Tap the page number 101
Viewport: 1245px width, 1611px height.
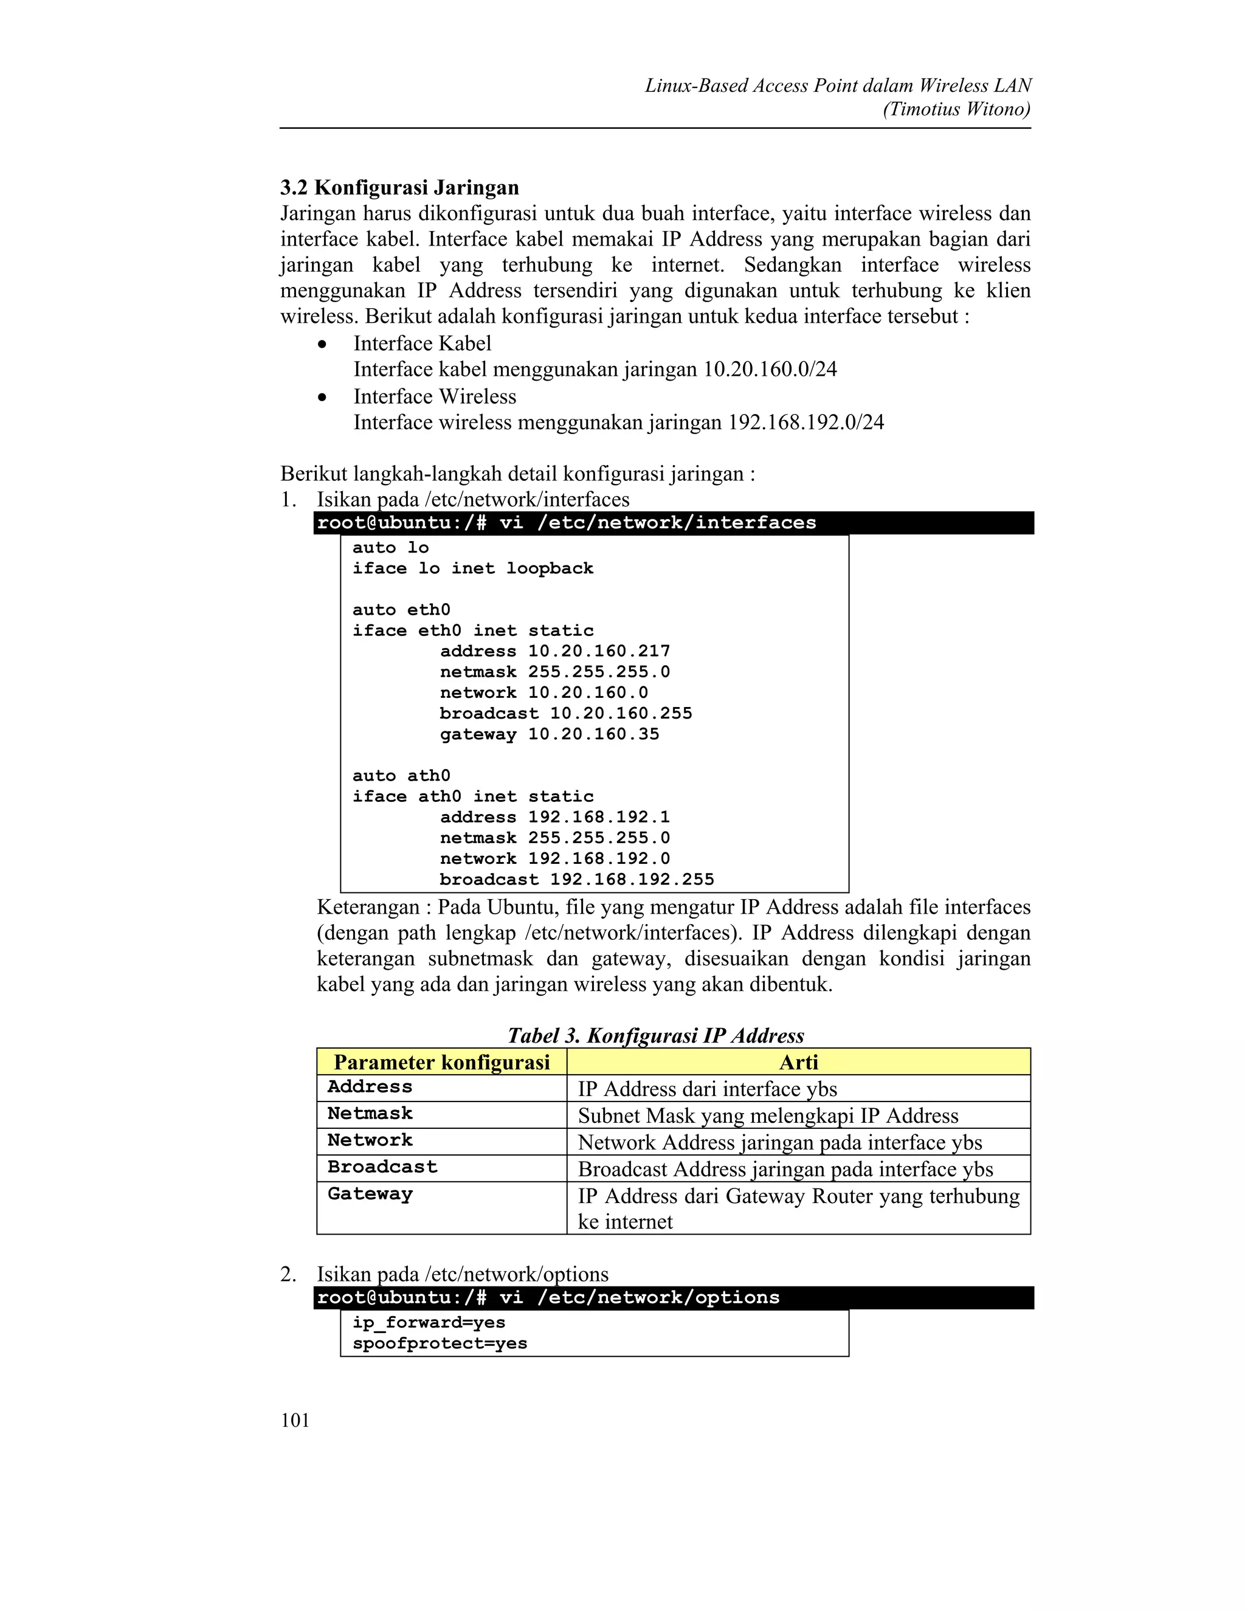(x=295, y=1420)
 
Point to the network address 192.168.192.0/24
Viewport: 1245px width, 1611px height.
(x=805, y=422)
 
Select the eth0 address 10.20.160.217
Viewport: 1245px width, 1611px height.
(x=599, y=651)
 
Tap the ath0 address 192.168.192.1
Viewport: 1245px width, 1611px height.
(x=599, y=817)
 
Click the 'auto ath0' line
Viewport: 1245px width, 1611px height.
(x=401, y=776)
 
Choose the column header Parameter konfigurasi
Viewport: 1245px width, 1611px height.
(x=442, y=1062)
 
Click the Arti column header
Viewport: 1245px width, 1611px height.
(x=798, y=1062)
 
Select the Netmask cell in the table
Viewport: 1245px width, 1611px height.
(x=370, y=1114)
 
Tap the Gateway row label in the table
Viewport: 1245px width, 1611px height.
(x=370, y=1194)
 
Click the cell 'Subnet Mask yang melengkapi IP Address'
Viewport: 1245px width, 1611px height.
(x=768, y=1116)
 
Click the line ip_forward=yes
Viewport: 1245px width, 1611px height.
(x=429, y=1323)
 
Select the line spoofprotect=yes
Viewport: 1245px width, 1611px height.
(x=440, y=1344)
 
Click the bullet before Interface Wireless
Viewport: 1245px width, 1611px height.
(x=322, y=398)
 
